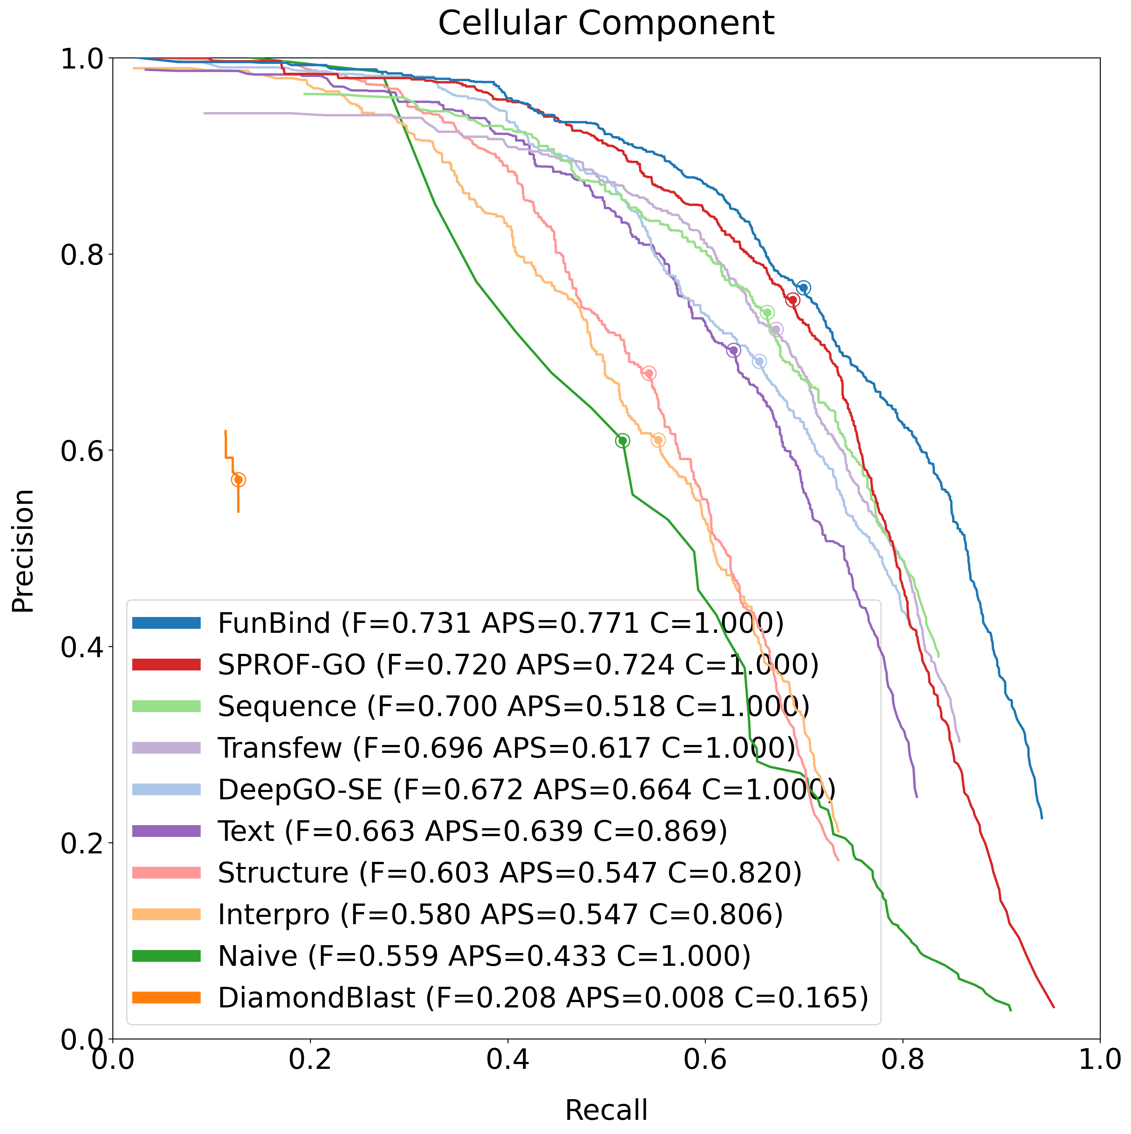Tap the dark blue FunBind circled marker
tap(803, 288)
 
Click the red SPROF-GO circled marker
tap(792, 300)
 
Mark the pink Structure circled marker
tap(649, 373)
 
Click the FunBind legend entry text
tap(500, 623)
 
